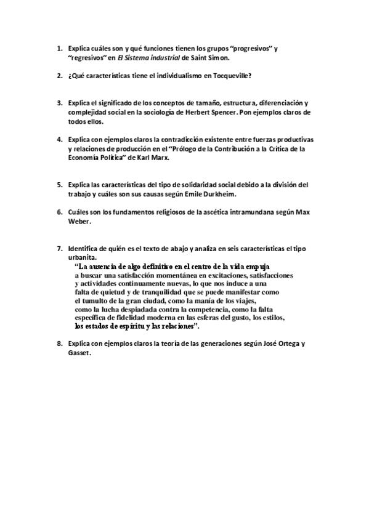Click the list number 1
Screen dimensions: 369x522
[59, 48]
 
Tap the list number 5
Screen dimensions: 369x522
[59, 185]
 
